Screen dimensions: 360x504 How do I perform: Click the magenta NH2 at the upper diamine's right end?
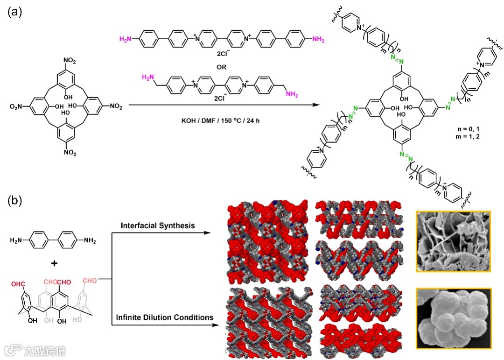click(x=317, y=40)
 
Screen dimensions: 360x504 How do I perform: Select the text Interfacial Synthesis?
click(x=158, y=226)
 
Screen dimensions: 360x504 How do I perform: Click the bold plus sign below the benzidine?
click(x=54, y=263)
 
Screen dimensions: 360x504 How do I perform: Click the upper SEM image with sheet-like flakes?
click(x=453, y=241)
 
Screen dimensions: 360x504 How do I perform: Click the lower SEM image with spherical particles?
click(x=453, y=319)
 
